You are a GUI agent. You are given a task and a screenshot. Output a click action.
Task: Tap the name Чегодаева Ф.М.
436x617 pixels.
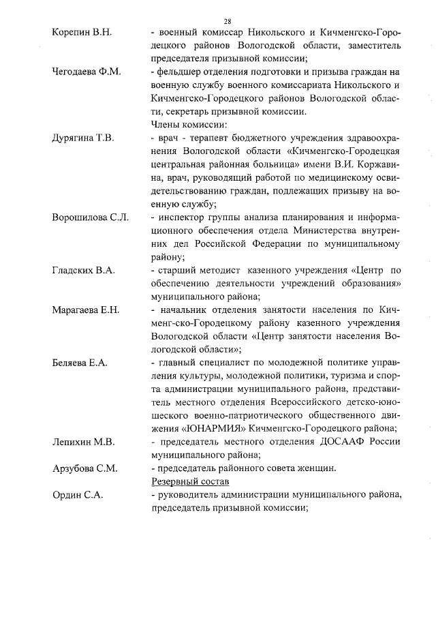pyautogui.click(x=86, y=73)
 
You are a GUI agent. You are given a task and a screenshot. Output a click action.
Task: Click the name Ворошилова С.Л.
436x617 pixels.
pyautogui.click(x=90, y=217)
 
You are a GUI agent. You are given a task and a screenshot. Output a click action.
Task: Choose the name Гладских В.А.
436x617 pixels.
pyautogui.click(x=83, y=271)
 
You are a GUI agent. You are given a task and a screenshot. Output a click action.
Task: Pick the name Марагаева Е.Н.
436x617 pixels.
pyautogui.click(x=86, y=310)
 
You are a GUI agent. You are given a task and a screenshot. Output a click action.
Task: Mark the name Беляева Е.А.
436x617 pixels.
pyautogui.click(x=80, y=363)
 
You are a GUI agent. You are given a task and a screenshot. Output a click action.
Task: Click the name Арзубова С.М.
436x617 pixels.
pyautogui.click(x=84, y=468)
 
